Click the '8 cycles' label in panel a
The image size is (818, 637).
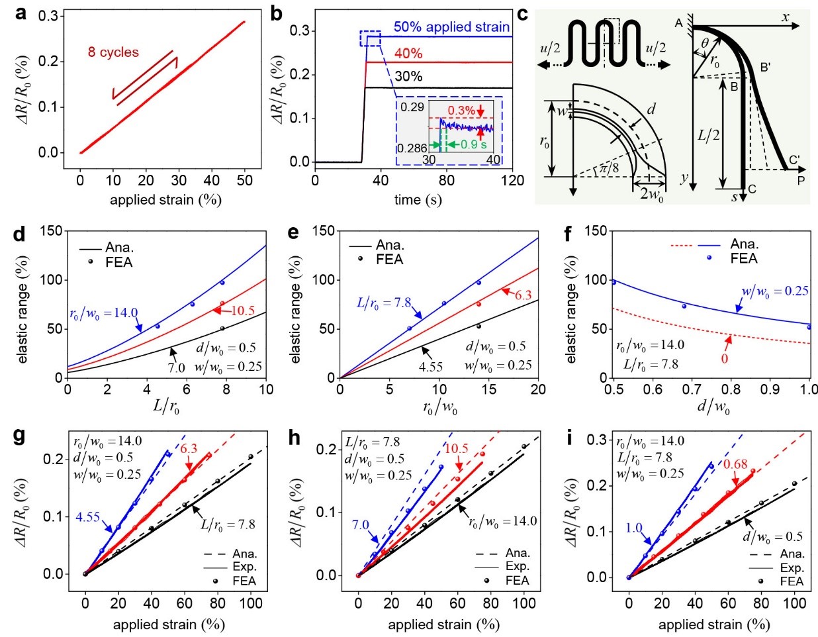(113, 52)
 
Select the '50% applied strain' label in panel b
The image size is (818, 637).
(451, 27)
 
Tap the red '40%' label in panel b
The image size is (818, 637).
(408, 54)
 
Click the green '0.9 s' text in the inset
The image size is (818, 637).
(473, 144)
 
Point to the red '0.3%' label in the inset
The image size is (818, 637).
(461, 111)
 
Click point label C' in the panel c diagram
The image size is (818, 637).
(794, 160)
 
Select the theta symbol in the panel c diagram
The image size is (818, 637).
(705, 43)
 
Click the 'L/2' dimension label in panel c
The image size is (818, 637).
(708, 135)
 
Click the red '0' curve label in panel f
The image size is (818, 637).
(725, 358)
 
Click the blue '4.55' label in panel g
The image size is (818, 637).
(88, 517)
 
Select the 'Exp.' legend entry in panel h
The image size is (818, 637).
(518, 567)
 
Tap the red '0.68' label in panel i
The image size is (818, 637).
(735, 464)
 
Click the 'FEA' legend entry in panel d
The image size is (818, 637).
(119, 262)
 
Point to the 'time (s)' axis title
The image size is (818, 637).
(418, 200)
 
